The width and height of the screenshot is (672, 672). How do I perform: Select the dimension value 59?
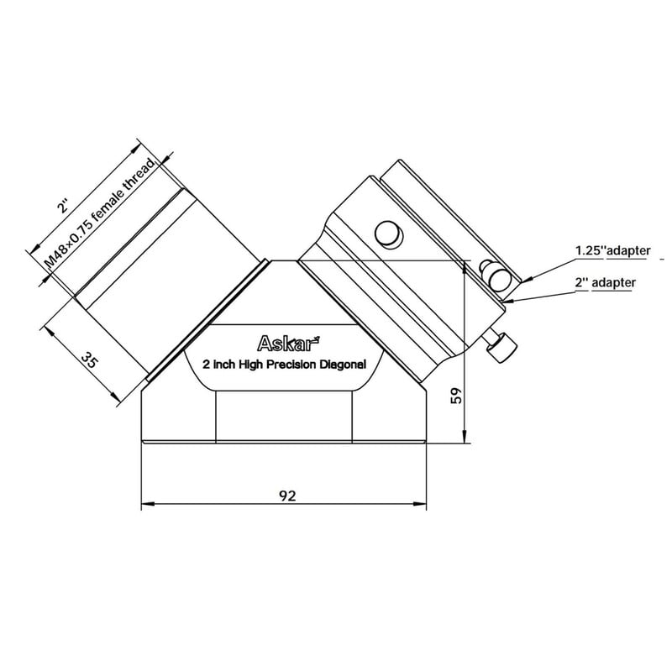point(456,396)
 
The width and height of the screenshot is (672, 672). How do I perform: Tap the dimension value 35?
point(90,360)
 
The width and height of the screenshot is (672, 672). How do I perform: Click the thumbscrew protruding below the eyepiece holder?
point(501,344)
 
